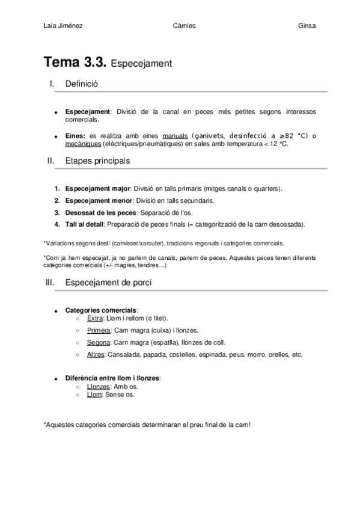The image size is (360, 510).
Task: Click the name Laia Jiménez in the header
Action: click(x=63, y=25)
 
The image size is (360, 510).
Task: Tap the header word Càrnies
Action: click(x=183, y=25)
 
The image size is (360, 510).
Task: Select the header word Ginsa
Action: click(x=307, y=25)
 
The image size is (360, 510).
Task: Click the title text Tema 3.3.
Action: click(x=75, y=62)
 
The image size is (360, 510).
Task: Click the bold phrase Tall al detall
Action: click(x=84, y=224)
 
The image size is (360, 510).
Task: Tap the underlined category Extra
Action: click(x=95, y=318)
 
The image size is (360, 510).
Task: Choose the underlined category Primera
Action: click(x=99, y=330)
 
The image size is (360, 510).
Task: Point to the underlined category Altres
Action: click(x=96, y=354)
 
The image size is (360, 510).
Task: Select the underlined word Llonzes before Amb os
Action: click(x=99, y=387)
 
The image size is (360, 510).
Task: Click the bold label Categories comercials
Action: click(x=101, y=310)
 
